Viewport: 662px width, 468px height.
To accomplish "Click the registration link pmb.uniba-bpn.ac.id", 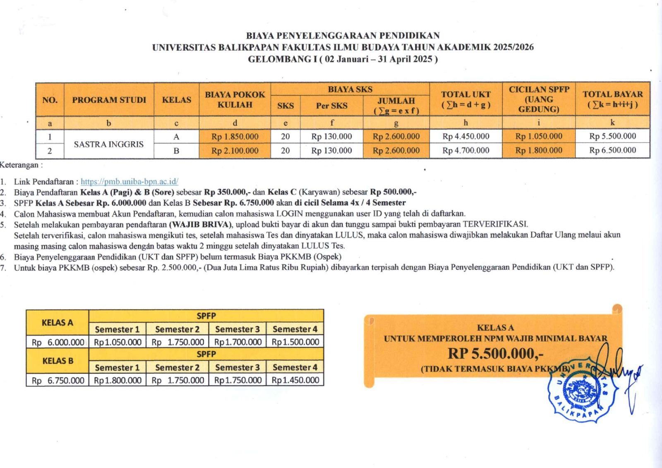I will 129,181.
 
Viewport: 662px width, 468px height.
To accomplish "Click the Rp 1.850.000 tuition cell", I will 235,137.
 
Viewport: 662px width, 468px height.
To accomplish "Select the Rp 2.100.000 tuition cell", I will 235,151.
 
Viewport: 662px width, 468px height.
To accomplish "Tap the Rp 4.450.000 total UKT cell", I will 465,136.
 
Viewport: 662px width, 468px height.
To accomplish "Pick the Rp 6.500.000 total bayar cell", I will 612,150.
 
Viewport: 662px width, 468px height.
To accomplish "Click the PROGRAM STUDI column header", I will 109,100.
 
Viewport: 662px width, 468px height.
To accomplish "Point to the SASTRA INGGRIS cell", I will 108,144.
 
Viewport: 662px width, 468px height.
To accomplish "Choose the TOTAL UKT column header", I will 465,99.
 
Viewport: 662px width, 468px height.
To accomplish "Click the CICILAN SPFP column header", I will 539,99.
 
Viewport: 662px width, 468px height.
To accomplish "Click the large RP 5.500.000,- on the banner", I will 495,353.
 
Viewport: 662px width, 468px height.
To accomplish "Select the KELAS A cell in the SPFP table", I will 57,322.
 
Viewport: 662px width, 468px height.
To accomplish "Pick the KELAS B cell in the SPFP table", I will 58,361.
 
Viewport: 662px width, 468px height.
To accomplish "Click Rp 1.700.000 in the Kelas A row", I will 237,342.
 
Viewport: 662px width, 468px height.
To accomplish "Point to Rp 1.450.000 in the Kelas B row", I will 295,380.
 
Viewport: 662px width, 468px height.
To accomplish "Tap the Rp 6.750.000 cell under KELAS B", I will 58,380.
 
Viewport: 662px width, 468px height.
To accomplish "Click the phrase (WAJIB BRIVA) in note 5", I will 201,225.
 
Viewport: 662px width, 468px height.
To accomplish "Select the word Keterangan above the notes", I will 19,165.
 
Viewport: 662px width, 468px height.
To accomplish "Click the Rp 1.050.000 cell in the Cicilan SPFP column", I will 539,136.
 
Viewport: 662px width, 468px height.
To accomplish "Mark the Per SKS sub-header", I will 331,106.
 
